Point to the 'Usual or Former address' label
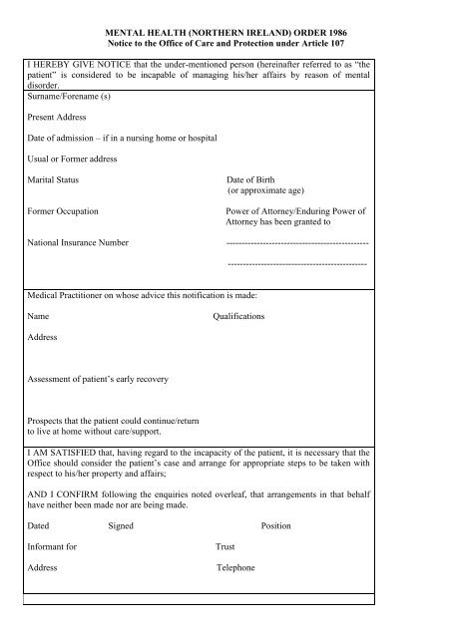(x=73, y=159)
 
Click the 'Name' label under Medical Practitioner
(x=39, y=315)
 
